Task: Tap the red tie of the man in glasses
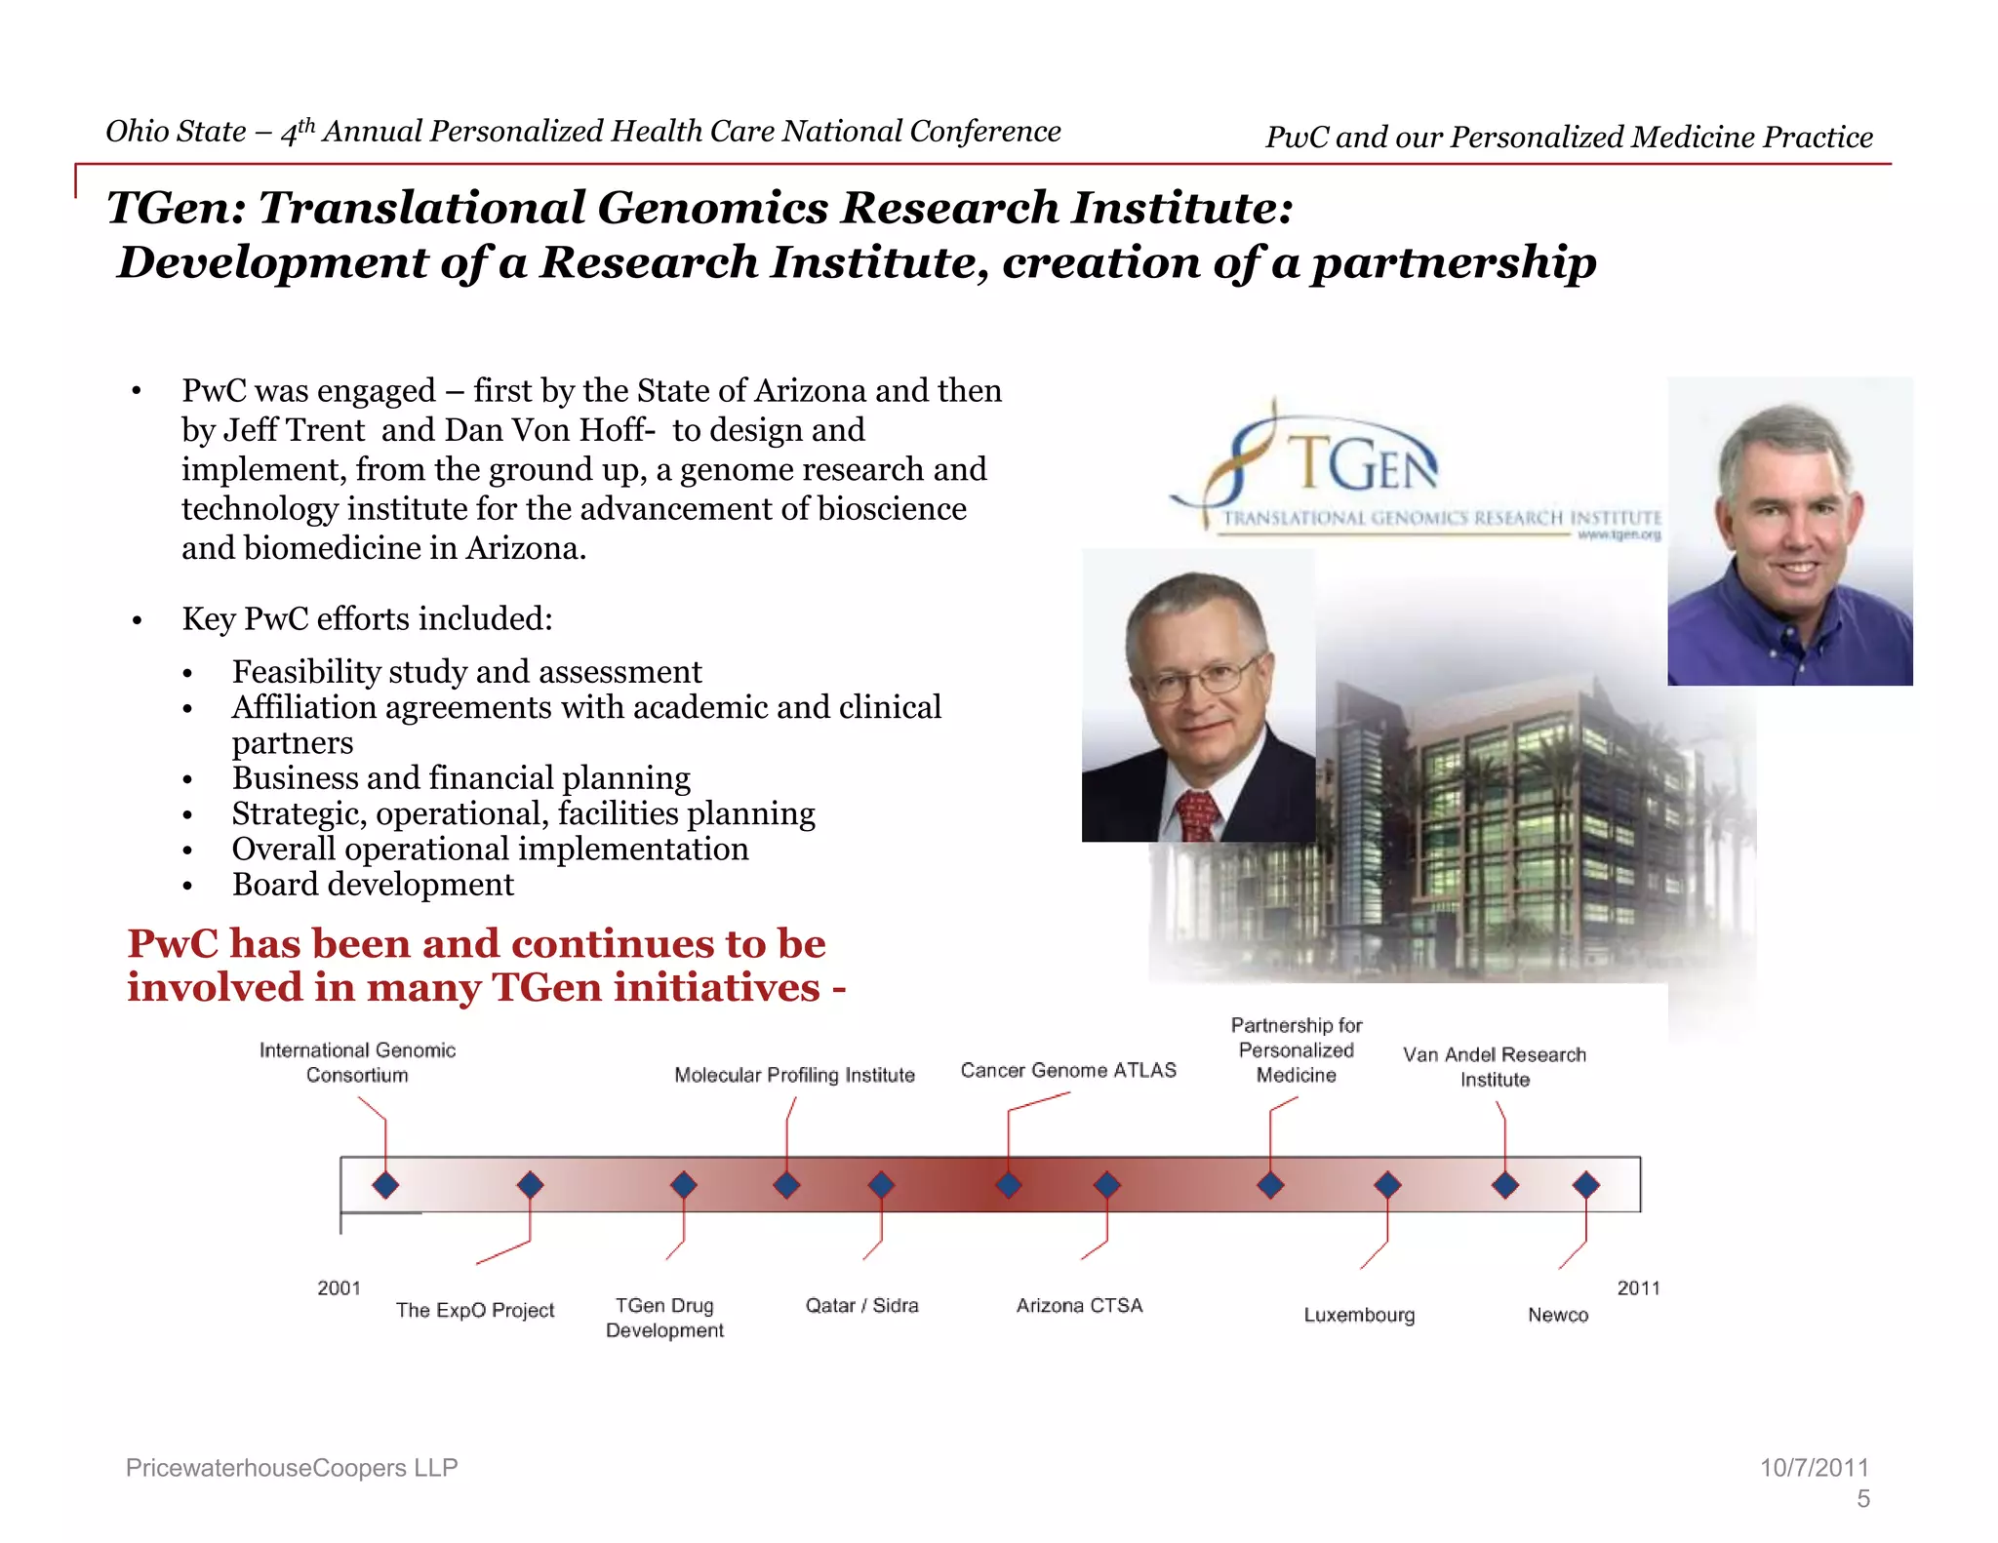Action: pyautogui.click(x=1198, y=815)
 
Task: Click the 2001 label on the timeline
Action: pyautogui.click(x=339, y=1287)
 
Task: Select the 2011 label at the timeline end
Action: pyautogui.click(x=1638, y=1287)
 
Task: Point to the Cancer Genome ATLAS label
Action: pyautogui.click(x=1068, y=1070)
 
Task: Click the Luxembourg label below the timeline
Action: pyautogui.click(x=1359, y=1315)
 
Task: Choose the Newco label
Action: pyautogui.click(x=1558, y=1315)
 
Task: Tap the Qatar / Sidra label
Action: pyautogui.click(x=861, y=1305)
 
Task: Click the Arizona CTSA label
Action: pyautogui.click(x=1079, y=1305)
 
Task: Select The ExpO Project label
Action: pyautogui.click(x=475, y=1310)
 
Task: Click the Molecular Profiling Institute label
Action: pyautogui.click(x=794, y=1075)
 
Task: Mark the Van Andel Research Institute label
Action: pyautogui.click(x=1495, y=1067)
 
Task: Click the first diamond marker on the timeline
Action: pyautogui.click(x=385, y=1185)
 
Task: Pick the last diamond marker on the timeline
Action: pyautogui.click(x=1586, y=1185)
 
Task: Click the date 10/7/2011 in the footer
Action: pyautogui.click(x=1814, y=1468)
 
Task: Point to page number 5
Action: pyautogui.click(x=1862, y=1499)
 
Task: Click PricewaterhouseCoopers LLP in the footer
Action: pyautogui.click(x=292, y=1468)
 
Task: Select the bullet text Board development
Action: pyautogui.click(x=373, y=885)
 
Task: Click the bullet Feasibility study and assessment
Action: pyautogui.click(x=466, y=672)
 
